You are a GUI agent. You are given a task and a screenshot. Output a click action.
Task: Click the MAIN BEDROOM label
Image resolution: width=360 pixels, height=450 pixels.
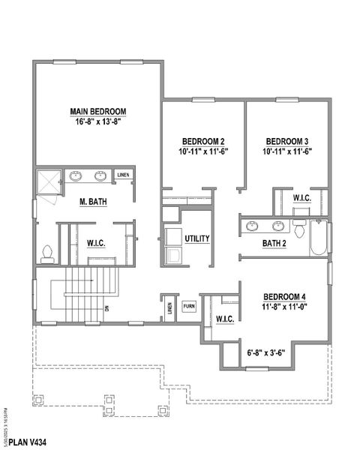click(x=97, y=112)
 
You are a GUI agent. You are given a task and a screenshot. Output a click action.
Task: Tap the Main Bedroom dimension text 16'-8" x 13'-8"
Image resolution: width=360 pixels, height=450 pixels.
click(x=97, y=122)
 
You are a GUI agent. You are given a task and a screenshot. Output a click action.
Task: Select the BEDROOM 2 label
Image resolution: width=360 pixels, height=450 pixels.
click(x=204, y=141)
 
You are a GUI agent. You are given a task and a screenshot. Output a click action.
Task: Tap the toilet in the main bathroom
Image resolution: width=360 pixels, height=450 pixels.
click(x=48, y=253)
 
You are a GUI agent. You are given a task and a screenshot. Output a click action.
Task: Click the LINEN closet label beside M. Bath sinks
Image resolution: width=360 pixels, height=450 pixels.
click(x=124, y=175)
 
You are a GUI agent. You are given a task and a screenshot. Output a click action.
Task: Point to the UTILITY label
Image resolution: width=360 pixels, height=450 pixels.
click(x=197, y=239)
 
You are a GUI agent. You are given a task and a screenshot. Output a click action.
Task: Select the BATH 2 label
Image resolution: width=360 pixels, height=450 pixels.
click(x=276, y=243)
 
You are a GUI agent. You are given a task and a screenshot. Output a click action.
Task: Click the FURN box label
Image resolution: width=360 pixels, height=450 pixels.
click(x=189, y=307)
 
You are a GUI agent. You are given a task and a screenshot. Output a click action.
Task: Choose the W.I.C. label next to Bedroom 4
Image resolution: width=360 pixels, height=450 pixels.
click(x=224, y=320)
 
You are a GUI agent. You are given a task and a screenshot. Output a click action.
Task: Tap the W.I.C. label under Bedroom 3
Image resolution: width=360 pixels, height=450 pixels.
click(x=302, y=198)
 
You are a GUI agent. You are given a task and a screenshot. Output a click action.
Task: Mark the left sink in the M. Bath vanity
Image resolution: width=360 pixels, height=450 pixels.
click(x=76, y=178)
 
